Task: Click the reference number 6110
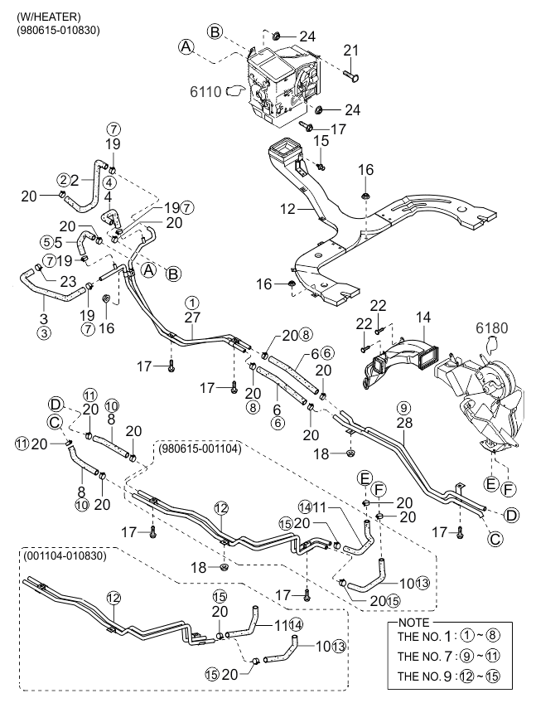[205, 92]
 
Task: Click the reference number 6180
[492, 328]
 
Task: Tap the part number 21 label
[351, 51]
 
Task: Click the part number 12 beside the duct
[288, 209]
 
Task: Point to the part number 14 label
[423, 318]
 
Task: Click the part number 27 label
[192, 318]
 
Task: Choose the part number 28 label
[404, 422]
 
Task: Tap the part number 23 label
[68, 282]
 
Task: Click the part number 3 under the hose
[43, 319]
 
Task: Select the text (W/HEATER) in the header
[49, 17]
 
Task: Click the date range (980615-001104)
[200, 448]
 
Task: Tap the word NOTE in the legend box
[413, 623]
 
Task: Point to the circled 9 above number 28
[403, 408]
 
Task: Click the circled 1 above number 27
[192, 303]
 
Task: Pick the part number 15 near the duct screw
[321, 140]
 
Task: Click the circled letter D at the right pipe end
[511, 516]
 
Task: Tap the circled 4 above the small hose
[109, 182]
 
